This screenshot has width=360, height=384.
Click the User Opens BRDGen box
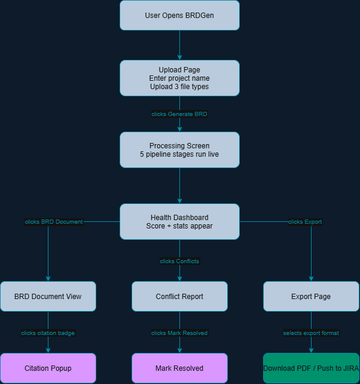point(179,15)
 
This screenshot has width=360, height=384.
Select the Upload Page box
point(179,78)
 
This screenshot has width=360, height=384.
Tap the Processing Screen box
point(179,150)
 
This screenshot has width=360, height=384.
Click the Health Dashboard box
point(179,221)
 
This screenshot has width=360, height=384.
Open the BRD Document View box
point(48,296)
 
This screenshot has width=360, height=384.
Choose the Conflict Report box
point(179,296)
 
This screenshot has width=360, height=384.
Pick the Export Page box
point(311,296)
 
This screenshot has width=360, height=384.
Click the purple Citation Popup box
point(48,368)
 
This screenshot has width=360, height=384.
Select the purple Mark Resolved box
point(179,368)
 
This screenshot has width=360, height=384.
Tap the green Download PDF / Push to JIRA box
point(311,368)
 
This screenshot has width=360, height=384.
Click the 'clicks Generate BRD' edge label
point(179,114)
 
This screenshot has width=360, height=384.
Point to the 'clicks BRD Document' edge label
point(54,222)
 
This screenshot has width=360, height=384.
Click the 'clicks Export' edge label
point(305,222)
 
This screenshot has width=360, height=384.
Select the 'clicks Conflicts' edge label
point(179,261)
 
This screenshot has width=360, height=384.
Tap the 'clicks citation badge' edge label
point(48,333)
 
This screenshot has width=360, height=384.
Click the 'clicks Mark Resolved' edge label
point(179,333)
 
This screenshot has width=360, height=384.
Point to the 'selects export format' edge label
point(311,333)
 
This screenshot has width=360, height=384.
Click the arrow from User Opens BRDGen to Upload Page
point(179,45)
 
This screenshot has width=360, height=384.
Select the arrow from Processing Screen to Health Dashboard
point(179,185)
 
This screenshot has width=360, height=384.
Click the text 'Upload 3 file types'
point(179,87)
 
